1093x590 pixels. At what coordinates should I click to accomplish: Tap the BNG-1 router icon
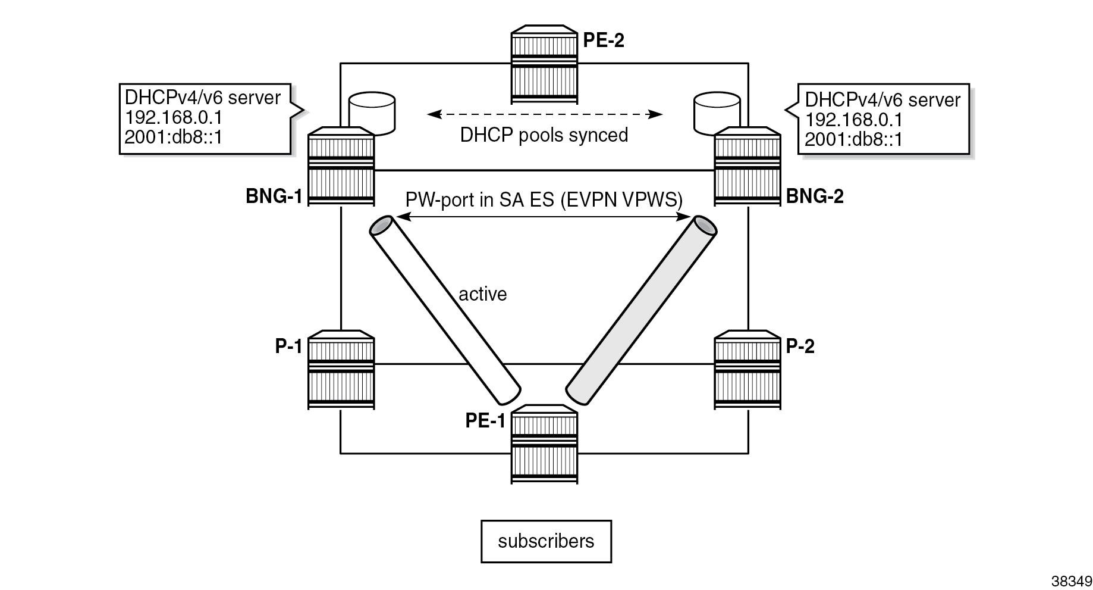[341, 166]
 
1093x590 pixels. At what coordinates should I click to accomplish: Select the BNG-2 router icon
[747, 166]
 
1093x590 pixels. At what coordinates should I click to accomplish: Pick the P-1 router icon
[341, 370]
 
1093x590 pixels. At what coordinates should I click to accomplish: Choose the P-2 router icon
[747, 370]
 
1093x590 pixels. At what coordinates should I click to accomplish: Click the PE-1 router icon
[544, 444]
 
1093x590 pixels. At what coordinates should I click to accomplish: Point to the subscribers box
[546, 541]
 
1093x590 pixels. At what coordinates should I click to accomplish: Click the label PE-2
[604, 40]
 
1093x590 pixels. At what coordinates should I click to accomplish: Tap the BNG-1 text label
[274, 196]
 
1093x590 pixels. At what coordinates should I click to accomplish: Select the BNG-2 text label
[815, 196]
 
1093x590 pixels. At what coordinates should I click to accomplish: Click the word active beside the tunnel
[482, 294]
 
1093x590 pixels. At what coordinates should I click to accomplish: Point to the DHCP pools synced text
[544, 135]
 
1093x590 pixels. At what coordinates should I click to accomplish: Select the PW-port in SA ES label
[544, 199]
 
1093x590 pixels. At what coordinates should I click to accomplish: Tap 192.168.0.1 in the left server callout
[173, 117]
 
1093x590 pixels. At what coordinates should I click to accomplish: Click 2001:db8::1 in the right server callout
[853, 139]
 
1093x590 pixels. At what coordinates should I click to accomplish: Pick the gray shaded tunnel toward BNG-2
[640, 310]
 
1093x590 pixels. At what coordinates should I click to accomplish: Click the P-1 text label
[289, 346]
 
